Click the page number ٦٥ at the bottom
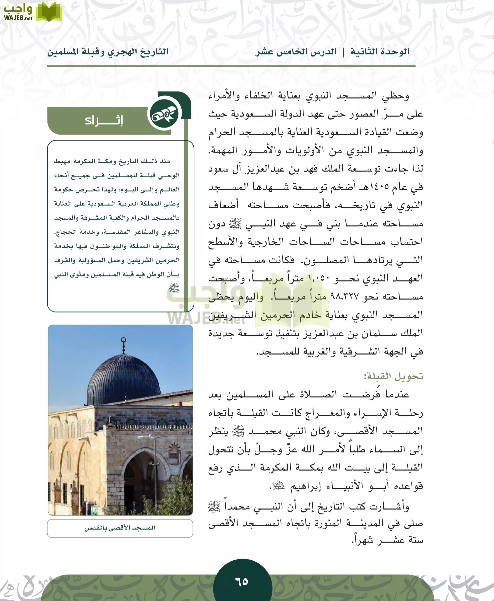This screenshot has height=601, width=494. click(x=242, y=581)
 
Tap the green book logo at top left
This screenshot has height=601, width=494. click(x=49, y=12)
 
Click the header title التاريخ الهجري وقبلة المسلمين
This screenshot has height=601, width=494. click(x=107, y=52)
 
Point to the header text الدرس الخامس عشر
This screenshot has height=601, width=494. click(x=296, y=52)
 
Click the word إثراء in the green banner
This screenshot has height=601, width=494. click(x=104, y=121)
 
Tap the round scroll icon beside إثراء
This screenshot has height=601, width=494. click(x=164, y=115)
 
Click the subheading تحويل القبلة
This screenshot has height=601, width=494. click(x=393, y=376)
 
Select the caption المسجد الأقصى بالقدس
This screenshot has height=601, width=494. click(x=120, y=528)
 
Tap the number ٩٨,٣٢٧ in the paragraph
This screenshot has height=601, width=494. click(x=344, y=296)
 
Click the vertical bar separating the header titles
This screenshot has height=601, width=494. click(x=343, y=52)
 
